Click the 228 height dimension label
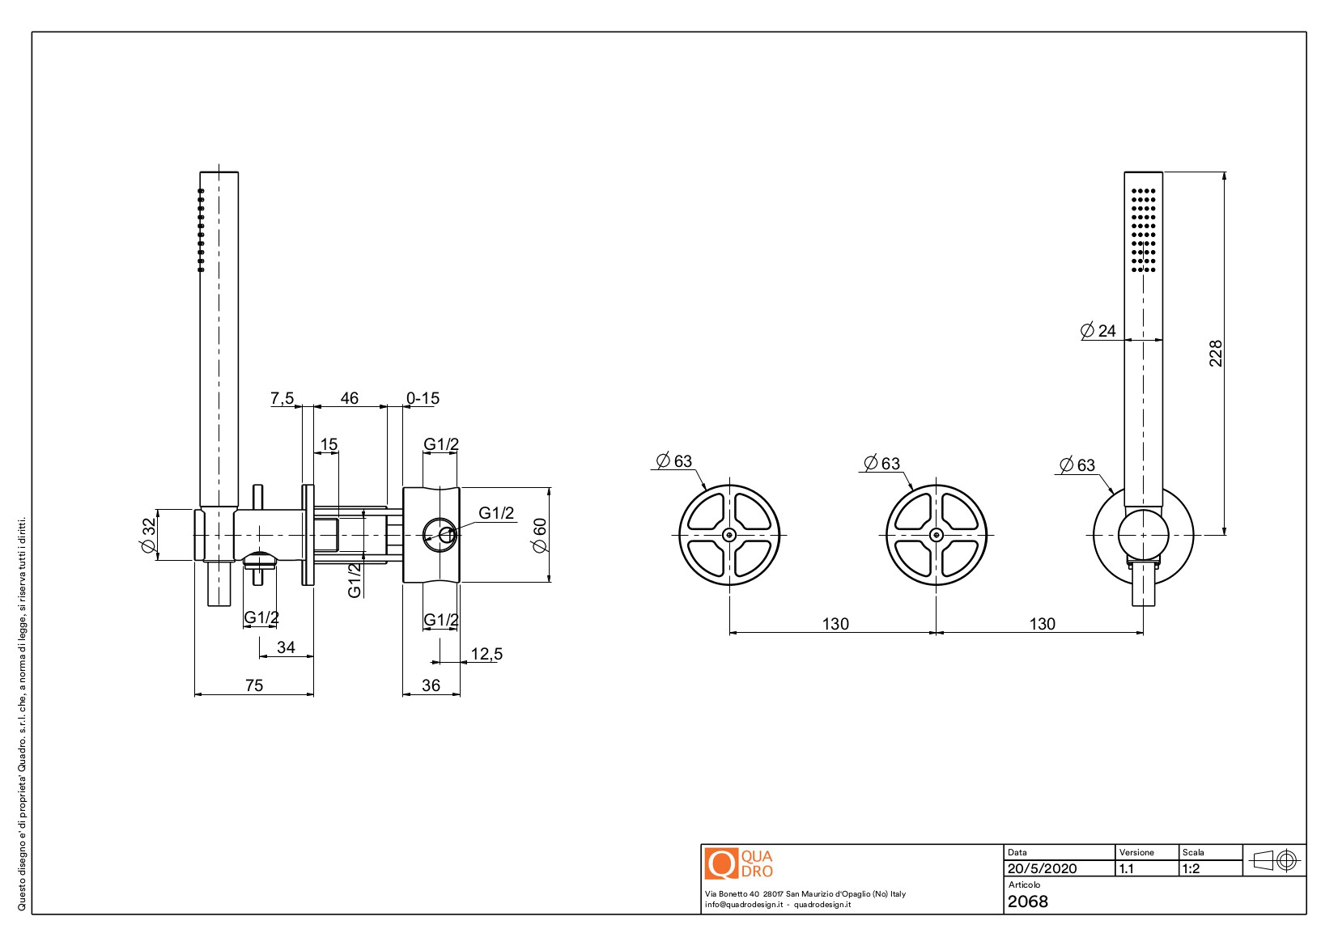[1215, 354]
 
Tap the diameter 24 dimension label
[1098, 330]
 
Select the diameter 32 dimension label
[148, 536]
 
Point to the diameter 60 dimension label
[539, 535]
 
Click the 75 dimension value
[254, 685]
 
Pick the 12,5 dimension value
[486, 654]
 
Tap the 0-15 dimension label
[423, 398]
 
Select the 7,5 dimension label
[282, 398]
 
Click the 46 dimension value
[349, 398]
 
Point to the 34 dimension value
[286, 647]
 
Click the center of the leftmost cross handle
[729, 534]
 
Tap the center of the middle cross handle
[937, 534]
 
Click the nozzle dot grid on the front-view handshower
[1143, 229]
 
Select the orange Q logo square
[720, 863]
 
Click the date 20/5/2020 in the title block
[1042, 868]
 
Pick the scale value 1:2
[1191, 868]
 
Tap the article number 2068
[1028, 901]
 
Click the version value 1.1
[1126, 868]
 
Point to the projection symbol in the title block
[1275, 859]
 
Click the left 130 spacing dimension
[835, 624]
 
